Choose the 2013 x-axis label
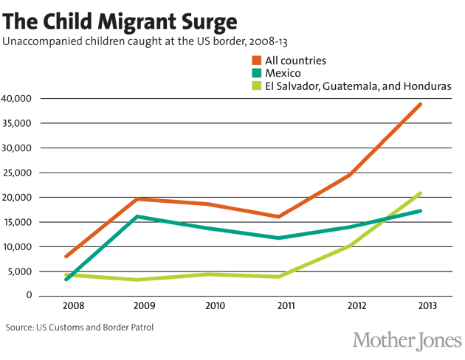tap(420, 306)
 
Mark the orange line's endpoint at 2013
tap(421, 104)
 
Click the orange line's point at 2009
tap(137, 198)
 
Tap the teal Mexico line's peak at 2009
tap(137, 216)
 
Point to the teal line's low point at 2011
tap(278, 238)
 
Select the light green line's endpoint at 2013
tap(421, 193)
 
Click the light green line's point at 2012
tap(349, 243)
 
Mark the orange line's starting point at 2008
tap(66, 256)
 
